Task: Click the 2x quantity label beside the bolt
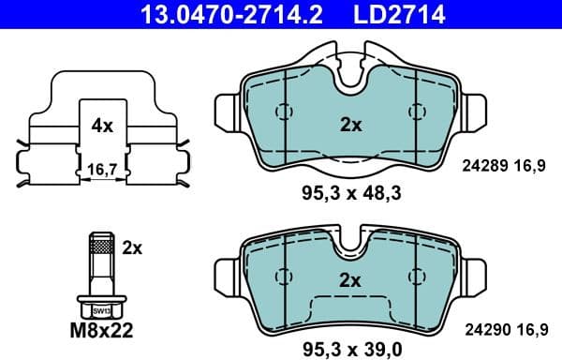tap(131, 247)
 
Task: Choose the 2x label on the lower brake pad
tap(349, 278)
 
